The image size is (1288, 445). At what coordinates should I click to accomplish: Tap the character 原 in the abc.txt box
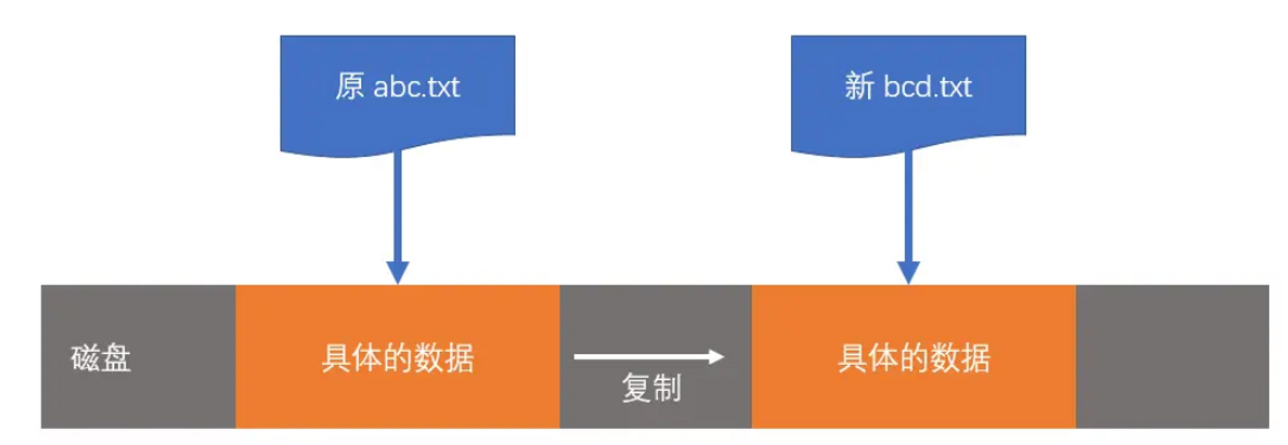click(350, 86)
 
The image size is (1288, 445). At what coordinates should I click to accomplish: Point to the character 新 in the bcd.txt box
click(859, 86)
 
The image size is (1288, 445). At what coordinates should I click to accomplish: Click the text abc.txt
click(417, 87)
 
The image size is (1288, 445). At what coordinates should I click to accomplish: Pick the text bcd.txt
click(927, 87)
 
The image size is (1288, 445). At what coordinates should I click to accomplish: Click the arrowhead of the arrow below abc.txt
click(397, 272)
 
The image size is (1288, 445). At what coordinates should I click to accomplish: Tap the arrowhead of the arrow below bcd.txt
click(908, 272)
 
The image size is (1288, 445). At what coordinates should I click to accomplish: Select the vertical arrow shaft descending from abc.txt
click(397, 206)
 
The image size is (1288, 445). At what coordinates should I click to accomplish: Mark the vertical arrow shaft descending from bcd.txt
click(908, 206)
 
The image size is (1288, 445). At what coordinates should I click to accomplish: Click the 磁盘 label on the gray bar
click(100, 358)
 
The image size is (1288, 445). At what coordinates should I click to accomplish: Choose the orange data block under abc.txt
click(397, 357)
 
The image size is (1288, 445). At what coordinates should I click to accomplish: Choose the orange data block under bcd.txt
click(913, 357)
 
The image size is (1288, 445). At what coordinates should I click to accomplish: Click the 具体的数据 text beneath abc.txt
click(398, 358)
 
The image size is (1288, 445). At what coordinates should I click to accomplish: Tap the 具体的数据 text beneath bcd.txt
click(914, 358)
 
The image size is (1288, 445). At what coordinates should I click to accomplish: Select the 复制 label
click(651, 388)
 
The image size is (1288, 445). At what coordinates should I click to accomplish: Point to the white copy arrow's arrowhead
click(716, 356)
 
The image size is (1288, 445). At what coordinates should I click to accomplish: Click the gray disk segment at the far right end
click(1172, 357)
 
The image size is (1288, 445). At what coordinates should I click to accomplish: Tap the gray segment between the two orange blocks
click(656, 322)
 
